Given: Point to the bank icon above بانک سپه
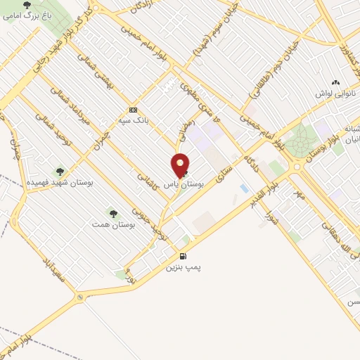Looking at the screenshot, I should point(133,110).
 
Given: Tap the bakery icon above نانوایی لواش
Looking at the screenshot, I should point(334,82).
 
